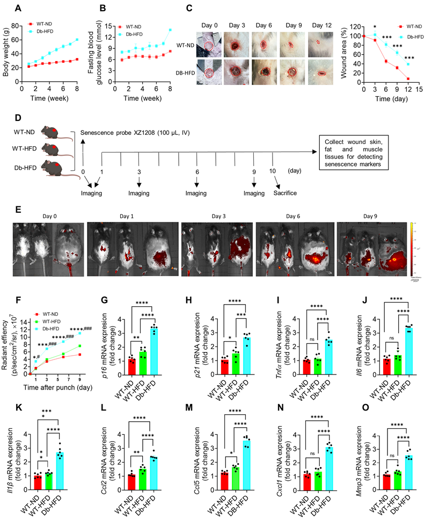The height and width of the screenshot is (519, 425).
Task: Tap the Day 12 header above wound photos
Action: [321, 25]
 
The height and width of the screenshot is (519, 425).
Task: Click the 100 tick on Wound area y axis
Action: [357, 36]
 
